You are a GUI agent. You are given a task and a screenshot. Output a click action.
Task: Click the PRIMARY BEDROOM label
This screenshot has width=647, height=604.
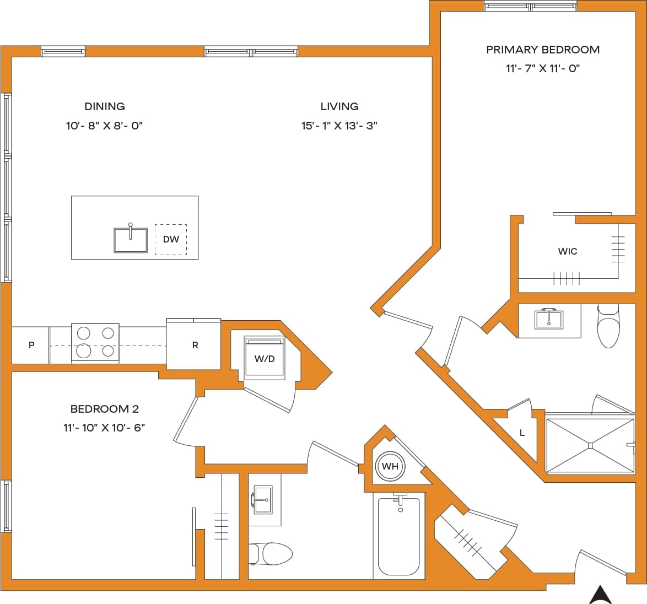tap(542, 50)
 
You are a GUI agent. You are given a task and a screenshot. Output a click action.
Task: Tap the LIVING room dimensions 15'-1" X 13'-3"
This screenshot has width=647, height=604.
tap(339, 126)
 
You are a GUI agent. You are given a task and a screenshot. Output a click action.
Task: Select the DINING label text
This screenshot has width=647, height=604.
tap(104, 106)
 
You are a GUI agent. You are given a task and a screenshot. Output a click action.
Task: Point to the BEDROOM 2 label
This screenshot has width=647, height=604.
tap(104, 409)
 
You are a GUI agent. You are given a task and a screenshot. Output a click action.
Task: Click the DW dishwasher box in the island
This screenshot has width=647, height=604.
tap(171, 240)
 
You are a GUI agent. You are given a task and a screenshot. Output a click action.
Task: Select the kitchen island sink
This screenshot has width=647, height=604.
tap(131, 240)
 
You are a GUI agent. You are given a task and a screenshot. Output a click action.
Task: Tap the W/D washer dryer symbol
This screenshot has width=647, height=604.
tap(265, 359)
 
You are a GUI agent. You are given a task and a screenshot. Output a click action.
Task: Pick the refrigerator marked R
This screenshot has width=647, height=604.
tap(195, 346)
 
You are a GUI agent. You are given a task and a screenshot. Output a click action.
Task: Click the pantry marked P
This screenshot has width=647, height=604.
tap(31, 346)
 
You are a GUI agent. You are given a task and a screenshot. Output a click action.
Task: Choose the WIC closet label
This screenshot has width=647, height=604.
tap(567, 251)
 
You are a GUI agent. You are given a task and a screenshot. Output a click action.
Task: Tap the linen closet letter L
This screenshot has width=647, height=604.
tap(522, 433)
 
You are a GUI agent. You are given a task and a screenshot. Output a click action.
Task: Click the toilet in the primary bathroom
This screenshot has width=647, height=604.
tap(608, 328)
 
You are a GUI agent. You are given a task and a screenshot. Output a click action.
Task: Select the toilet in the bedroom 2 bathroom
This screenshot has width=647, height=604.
tap(271, 554)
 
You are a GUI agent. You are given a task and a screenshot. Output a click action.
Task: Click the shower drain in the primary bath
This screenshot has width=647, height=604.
tap(590, 445)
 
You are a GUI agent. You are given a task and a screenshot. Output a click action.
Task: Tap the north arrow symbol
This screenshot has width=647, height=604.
tap(600, 594)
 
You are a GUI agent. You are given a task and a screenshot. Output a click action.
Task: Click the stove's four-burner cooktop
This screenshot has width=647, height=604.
tap(95, 342)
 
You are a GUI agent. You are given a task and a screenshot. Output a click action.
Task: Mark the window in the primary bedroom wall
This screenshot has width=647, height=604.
tap(531, 7)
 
